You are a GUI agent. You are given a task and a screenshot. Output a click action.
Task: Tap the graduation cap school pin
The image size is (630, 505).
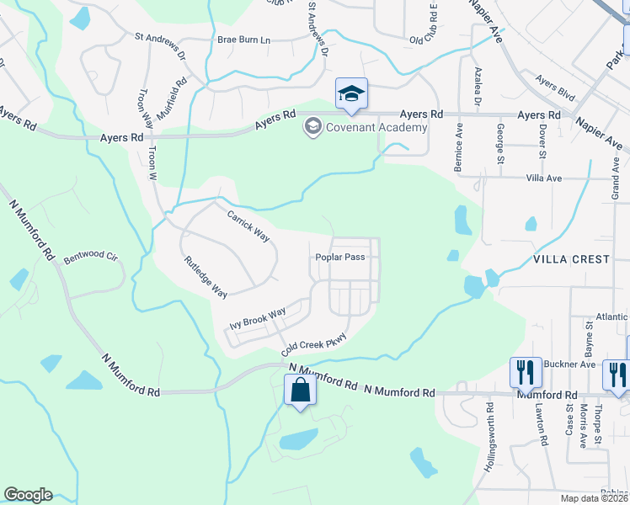351,93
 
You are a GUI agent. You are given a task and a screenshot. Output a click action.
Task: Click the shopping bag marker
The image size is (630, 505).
300,391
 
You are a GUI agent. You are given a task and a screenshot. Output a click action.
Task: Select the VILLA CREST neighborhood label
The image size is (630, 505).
570,259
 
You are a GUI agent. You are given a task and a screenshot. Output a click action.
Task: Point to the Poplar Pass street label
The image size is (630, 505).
340,258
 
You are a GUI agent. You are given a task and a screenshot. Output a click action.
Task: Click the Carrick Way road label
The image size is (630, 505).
248,226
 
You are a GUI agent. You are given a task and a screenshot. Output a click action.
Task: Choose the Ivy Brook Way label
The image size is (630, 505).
258,319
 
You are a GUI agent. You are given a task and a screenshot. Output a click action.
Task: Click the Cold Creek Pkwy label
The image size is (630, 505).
314,342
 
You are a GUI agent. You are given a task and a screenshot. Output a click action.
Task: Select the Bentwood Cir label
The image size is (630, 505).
88,253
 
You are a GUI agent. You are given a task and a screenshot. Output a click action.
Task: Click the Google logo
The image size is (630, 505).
28,495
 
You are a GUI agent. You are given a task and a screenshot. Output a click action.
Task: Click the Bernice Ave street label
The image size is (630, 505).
459,149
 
